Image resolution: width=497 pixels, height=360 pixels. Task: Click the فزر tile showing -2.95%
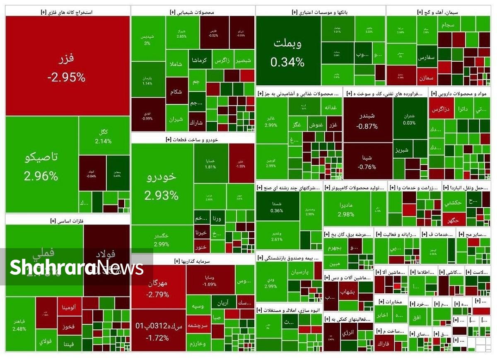pyautogui.click(x=68, y=66)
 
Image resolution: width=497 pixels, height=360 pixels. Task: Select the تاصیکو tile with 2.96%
pyautogui.click(x=41, y=166)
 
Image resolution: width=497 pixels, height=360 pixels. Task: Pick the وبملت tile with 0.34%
pyautogui.click(x=288, y=52)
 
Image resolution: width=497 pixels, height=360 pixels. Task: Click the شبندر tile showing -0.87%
pyautogui.click(x=368, y=120)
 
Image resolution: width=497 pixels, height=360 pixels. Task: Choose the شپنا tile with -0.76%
pyautogui.click(x=367, y=162)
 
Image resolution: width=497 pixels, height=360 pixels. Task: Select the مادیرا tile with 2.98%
pyautogui.click(x=346, y=209)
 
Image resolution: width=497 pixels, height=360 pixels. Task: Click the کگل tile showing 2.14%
pyautogui.click(x=104, y=136)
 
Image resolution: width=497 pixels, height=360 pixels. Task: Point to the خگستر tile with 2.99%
pyautogui.click(x=162, y=239)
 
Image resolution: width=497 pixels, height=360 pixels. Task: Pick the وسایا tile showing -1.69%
pyautogui.click(x=210, y=280)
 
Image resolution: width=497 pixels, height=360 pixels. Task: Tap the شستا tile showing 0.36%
pyautogui.click(x=277, y=206)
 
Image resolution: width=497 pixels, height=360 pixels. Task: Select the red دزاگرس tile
pyautogui.click(x=441, y=110)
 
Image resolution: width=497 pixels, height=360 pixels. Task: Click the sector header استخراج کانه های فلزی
pyautogui.click(x=67, y=12)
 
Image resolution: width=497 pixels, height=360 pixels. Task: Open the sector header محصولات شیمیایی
pyautogui.click(x=193, y=12)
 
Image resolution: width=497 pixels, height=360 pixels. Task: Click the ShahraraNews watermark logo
pyautogui.click(x=77, y=267)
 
